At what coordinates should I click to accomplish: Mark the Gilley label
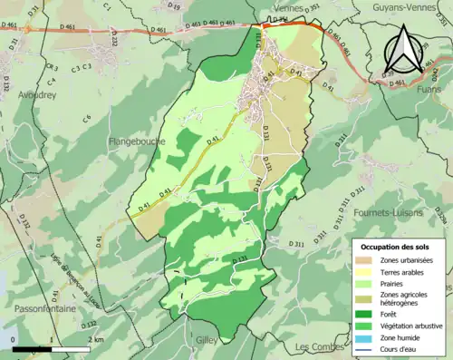[x=208, y=341]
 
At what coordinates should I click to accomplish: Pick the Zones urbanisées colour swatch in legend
[x=366, y=260]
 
